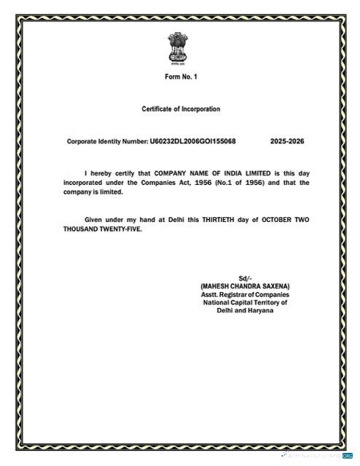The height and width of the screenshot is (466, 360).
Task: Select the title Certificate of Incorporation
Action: point(180,109)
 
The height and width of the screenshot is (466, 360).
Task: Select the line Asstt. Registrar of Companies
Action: point(245,294)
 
